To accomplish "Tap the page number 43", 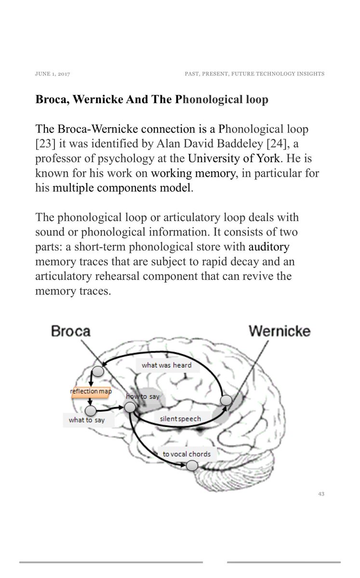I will click(x=321, y=494).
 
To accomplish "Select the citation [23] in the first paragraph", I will click(x=46, y=144).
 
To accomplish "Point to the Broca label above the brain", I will click(x=71, y=331).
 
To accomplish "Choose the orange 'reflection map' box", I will click(x=91, y=391).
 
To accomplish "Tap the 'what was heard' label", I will click(x=166, y=365).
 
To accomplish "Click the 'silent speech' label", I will click(x=180, y=419).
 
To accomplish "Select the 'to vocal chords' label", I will click(x=187, y=454).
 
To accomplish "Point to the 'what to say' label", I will click(x=87, y=420).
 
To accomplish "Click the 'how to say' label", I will click(x=143, y=396).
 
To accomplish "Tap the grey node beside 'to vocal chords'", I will click(x=192, y=465).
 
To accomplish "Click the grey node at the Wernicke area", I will click(x=226, y=400).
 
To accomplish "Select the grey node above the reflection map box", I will click(x=98, y=371).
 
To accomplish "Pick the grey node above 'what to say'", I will click(x=90, y=410).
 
